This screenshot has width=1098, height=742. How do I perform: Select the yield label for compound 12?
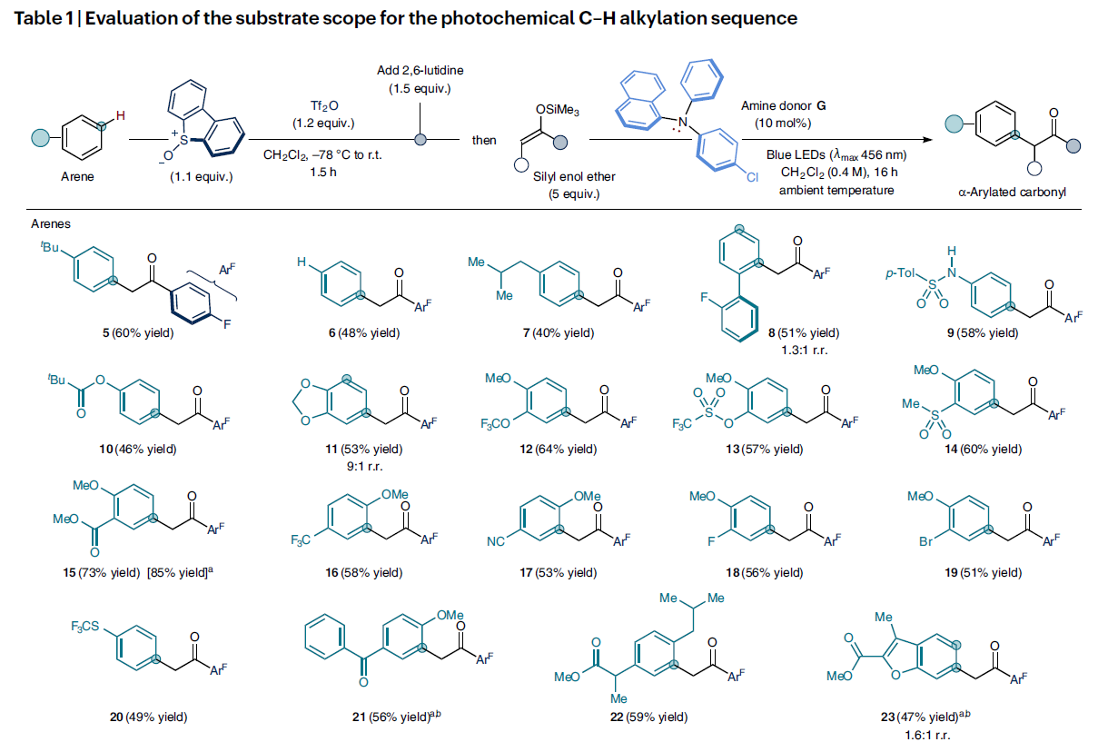[555, 449]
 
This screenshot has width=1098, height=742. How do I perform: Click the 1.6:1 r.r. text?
[920, 734]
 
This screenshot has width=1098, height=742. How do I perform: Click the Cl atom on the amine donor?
[753, 178]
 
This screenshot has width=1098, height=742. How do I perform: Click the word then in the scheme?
[484, 141]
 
